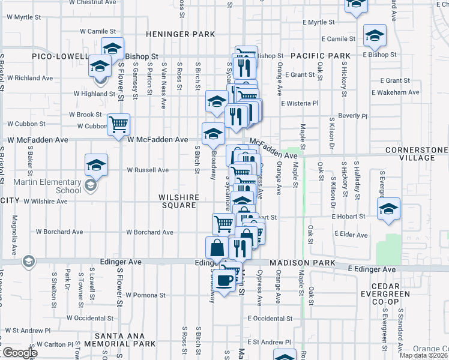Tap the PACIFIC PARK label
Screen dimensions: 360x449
pos(320,56)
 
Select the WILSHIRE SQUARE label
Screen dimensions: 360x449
pos(178,201)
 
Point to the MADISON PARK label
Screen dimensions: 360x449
pos(298,263)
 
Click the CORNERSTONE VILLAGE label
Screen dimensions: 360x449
pos(417,154)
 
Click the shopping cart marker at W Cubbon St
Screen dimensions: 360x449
pos(119,125)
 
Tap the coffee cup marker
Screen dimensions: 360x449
pos(226,280)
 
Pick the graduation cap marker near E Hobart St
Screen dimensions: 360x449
pos(388,209)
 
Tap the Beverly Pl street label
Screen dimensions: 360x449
pos(352,115)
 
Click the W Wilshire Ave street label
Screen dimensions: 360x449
pos(51,202)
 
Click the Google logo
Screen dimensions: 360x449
pos(19,352)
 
